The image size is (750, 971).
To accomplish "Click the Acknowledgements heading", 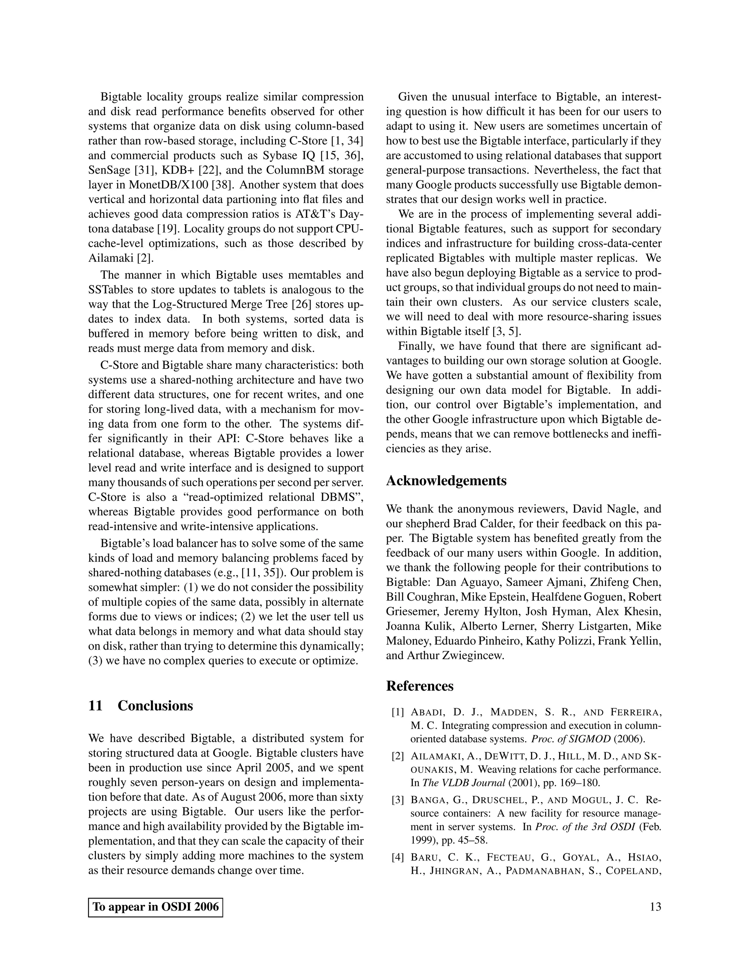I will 446,481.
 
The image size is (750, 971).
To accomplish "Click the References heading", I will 419,686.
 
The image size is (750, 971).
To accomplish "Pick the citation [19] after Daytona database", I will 169,229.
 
